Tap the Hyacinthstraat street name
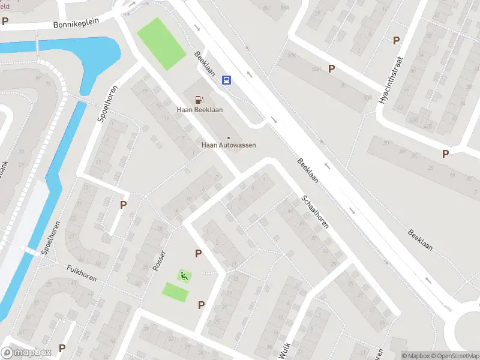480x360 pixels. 392,81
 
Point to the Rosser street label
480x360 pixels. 159,259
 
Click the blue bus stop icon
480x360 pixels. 227,80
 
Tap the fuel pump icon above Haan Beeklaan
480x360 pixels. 197,100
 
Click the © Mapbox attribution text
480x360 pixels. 415,355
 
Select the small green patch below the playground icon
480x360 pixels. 175,292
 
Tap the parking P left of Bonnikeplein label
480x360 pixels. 5,21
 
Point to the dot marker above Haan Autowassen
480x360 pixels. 228,138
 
